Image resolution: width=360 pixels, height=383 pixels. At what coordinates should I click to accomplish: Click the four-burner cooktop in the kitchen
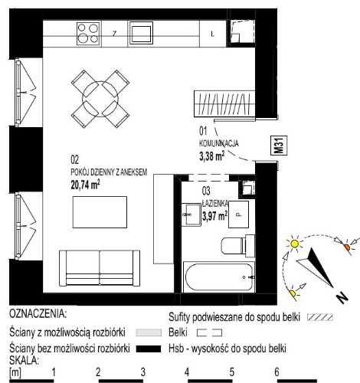[88, 34]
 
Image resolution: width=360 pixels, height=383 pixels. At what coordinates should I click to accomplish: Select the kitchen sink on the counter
[141, 33]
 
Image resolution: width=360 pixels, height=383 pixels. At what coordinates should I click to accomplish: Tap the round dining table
[100, 99]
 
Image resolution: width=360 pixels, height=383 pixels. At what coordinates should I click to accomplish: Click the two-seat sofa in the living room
[100, 268]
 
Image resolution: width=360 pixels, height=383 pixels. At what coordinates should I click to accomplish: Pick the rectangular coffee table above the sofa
[100, 212]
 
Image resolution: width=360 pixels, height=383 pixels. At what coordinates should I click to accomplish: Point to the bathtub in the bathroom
[219, 277]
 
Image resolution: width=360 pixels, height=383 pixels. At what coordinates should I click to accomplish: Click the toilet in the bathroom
[237, 245]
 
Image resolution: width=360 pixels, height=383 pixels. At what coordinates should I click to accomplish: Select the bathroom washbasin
[191, 214]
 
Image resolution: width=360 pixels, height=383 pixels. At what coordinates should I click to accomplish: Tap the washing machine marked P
[238, 214]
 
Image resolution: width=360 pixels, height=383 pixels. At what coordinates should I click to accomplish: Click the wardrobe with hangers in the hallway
[224, 103]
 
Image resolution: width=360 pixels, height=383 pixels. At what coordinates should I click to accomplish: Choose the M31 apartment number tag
[279, 146]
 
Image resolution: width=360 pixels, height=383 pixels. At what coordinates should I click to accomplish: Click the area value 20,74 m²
[85, 185]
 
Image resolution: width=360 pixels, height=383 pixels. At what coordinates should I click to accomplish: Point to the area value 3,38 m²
[212, 156]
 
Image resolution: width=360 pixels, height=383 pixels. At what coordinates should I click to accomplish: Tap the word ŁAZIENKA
[215, 204]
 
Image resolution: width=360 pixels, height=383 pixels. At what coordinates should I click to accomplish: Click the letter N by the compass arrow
[342, 297]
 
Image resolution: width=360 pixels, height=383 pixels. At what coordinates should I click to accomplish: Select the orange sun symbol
[347, 247]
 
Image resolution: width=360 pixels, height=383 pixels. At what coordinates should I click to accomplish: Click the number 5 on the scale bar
[231, 372]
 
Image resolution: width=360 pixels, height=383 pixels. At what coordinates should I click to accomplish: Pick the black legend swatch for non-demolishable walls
[149, 349]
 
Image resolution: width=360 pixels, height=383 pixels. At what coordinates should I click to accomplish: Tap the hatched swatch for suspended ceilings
[320, 317]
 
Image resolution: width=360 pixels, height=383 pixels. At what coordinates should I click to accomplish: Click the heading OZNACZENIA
[38, 314]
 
